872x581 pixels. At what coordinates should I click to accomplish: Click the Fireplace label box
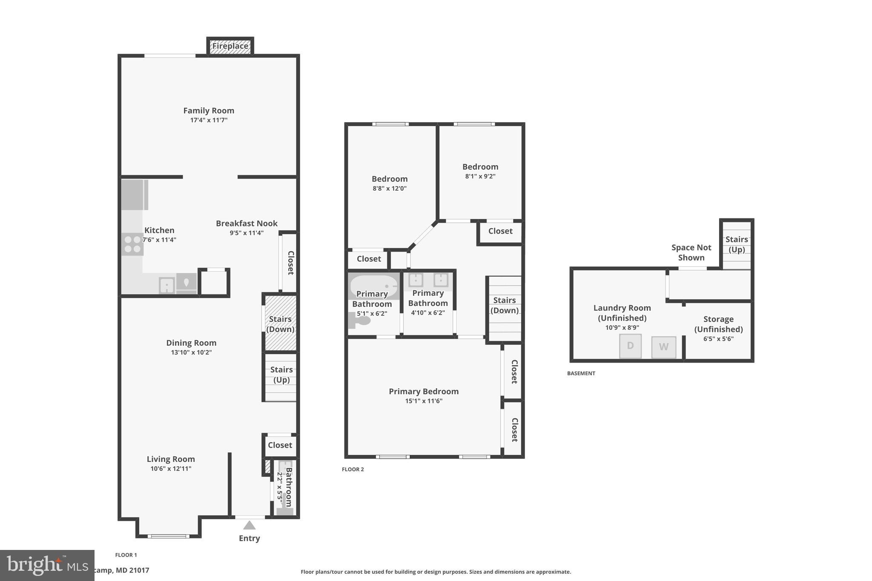point(230,46)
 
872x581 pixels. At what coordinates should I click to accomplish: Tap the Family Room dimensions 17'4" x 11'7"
point(209,120)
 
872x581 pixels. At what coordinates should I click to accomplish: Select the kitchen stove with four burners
point(132,244)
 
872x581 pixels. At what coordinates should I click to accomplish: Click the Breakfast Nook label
point(247,223)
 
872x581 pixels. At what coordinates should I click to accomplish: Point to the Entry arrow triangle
point(249,525)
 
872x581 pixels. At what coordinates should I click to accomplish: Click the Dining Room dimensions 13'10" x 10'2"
point(191,352)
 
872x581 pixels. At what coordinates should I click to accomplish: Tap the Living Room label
point(171,459)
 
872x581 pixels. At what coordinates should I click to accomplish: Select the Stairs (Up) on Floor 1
point(281,377)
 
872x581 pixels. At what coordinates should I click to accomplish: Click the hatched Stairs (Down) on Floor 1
point(280,323)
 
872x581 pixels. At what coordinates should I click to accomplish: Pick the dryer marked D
point(630,346)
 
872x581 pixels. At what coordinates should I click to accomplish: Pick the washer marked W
point(663,347)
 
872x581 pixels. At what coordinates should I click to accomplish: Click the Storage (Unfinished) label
point(718,324)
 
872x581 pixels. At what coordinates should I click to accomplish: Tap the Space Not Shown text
point(691,252)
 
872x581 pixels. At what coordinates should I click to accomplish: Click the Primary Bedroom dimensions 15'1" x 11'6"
point(424,401)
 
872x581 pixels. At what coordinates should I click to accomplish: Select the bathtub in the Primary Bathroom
point(373,286)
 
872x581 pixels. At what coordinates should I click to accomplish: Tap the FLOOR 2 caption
point(353,469)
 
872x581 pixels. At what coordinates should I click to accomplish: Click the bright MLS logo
point(47,565)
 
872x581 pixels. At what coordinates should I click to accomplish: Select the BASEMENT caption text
point(581,373)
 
